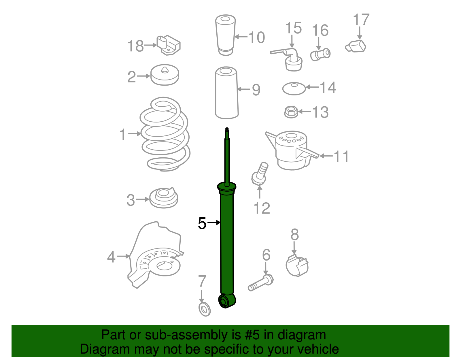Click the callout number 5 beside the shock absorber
coord(202,223)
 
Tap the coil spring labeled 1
coord(165,134)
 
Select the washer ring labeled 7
coord(205,310)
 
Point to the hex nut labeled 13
coord(291,112)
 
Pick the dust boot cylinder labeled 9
coord(227,93)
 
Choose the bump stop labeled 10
coord(225,35)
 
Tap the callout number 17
coord(361,20)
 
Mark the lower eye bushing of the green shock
coord(227,301)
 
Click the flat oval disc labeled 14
coord(294,88)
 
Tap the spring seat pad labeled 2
coord(165,75)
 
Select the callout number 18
coord(135,46)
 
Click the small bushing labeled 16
coord(320,54)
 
